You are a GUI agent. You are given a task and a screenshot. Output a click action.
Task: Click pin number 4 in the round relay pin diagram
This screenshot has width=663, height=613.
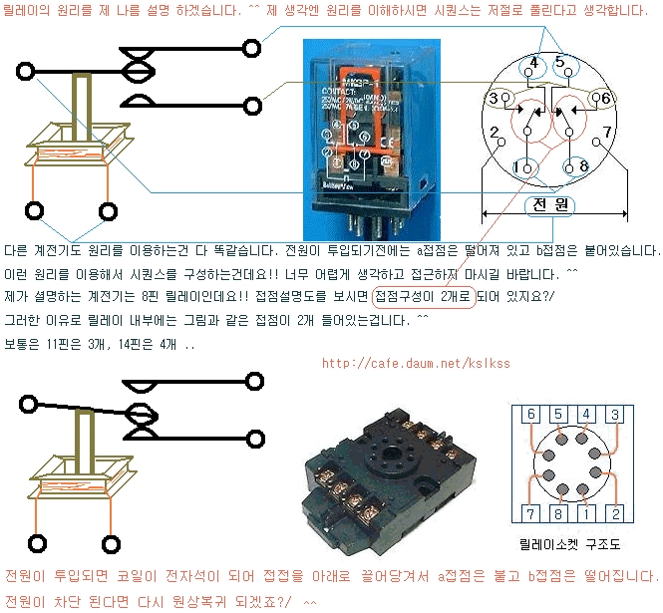click(533, 65)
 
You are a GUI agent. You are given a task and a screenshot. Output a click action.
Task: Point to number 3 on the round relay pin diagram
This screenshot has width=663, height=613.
click(493, 98)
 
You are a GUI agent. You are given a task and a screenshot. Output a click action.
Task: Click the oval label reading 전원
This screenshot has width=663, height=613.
click(550, 205)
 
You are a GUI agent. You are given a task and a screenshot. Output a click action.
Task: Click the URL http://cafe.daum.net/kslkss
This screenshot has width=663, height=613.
click(416, 363)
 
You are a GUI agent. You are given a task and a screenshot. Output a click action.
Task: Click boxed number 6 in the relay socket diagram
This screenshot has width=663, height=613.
click(531, 415)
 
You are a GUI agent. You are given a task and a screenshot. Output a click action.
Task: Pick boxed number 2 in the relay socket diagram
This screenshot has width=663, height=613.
click(615, 513)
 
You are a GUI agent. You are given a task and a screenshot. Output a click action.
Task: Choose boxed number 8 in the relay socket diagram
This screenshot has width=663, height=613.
click(559, 513)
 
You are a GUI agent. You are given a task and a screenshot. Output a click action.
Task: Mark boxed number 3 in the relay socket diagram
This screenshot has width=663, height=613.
click(615, 415)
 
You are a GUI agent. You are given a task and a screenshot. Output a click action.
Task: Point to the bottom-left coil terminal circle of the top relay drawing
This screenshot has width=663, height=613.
click(36, 211)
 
